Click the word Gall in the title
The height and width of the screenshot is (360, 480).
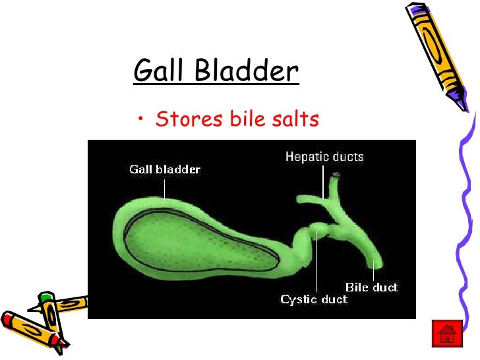coord(159,71)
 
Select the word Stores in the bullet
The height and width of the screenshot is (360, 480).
coord(188,119)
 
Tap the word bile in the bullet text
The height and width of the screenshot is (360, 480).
coord(247,119)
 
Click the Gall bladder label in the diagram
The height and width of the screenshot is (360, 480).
coord(164,169)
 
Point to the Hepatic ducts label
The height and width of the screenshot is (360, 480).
coord(324,157)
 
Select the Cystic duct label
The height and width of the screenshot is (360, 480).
coord(313,300)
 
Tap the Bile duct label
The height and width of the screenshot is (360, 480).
coord(371,287)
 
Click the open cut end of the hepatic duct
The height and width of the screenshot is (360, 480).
coord(337,175)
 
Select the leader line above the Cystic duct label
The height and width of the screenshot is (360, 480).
coord(317,264)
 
